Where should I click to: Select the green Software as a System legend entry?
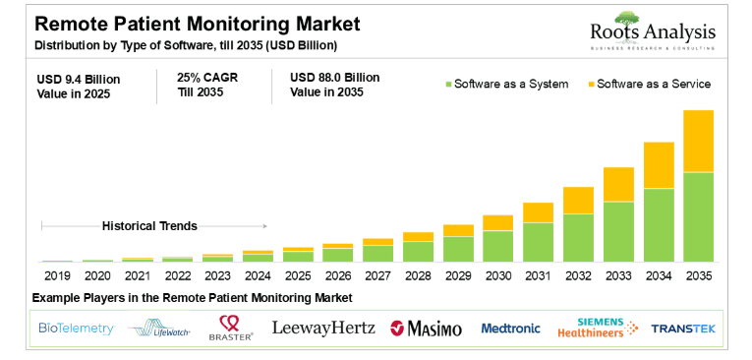[x=506, y=84]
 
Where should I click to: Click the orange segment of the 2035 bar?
[x=698, y=141]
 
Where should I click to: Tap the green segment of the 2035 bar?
[x=698, y=216]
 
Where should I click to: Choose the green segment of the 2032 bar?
[x=578, y=237]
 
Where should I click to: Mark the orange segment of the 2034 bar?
[x=659, y=165]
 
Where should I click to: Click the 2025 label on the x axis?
[x=298, y=276]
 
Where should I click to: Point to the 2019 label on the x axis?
[x=57, y=276]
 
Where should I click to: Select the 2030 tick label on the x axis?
[x=498, y=276]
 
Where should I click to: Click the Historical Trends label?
[x=149, y=226]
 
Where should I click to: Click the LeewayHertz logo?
[x=322, y=328]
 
